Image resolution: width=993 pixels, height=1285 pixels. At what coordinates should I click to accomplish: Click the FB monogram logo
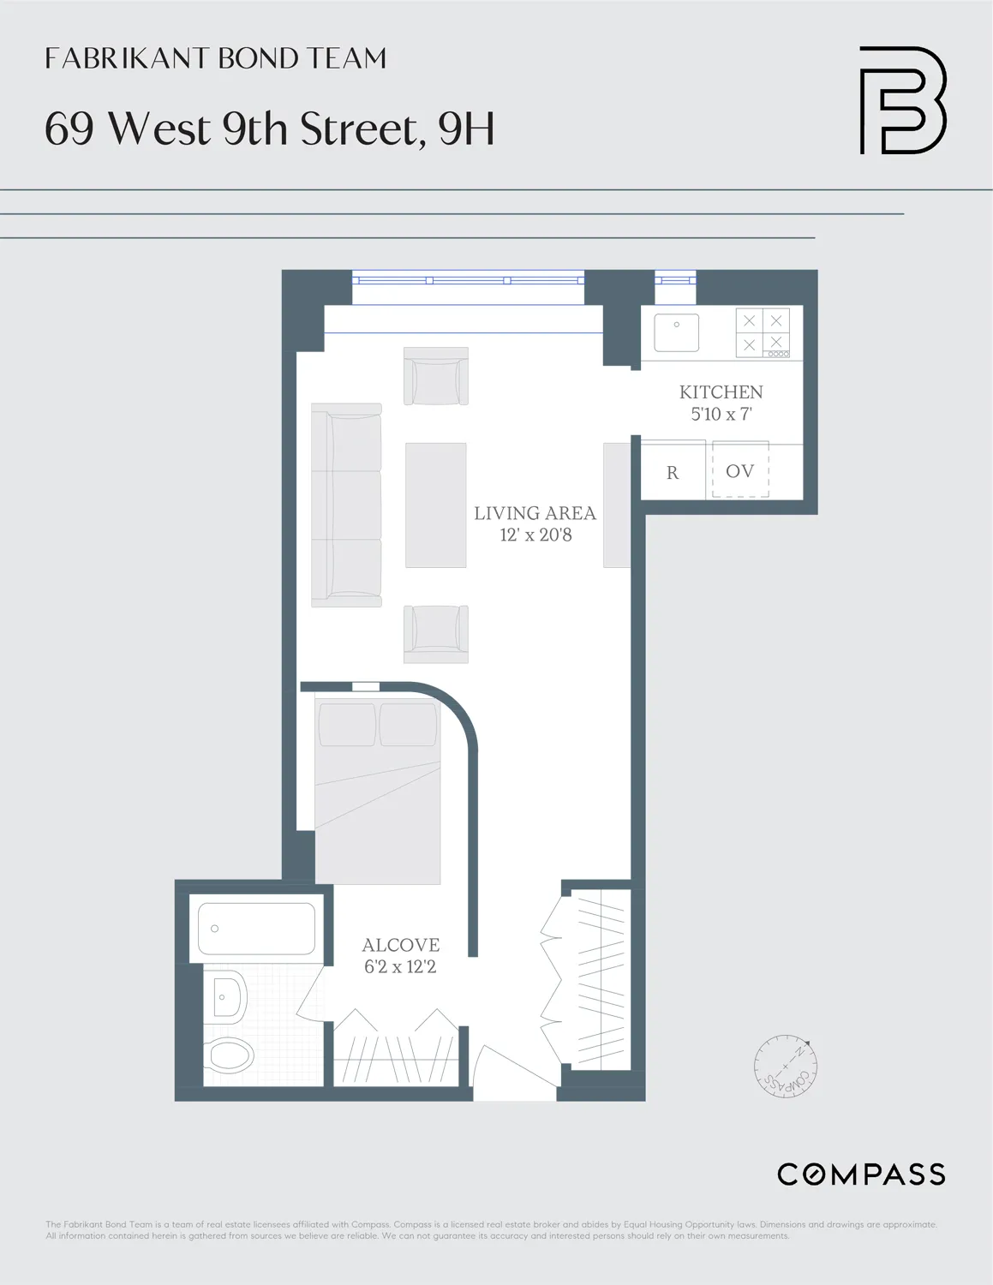point(902,100)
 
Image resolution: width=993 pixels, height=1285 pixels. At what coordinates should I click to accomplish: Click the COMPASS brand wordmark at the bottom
point(861,1174)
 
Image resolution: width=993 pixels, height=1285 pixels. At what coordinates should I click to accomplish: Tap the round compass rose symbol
point(786,1067)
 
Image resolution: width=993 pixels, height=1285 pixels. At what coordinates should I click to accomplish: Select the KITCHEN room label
point(721,392)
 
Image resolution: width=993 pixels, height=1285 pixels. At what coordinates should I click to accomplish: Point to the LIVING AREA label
point(535,513)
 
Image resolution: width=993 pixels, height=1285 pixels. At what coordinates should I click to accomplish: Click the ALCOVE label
point(400,945)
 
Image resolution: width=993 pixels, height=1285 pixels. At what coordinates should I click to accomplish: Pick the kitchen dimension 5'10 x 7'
point(721,415)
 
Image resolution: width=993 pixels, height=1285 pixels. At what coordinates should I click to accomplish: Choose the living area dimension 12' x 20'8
point(535,535)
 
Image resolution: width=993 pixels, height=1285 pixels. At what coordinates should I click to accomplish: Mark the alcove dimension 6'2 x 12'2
point(400,967)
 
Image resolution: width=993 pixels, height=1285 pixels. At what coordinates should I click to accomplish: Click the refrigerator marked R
point(673,472)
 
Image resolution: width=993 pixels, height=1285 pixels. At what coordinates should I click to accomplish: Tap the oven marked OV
point(740,471)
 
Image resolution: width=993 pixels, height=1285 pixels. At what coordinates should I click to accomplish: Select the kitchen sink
point(677,332)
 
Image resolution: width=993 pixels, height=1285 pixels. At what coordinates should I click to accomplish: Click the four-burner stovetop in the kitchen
point(763,332)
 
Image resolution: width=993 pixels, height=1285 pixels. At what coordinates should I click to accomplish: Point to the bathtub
point(256,929)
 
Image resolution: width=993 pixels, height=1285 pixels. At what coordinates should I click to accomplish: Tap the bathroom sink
point(226,997)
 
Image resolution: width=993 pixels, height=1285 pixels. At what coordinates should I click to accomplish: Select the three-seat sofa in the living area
point(346,505)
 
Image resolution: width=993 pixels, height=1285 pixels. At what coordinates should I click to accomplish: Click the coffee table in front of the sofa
point(436,505)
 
